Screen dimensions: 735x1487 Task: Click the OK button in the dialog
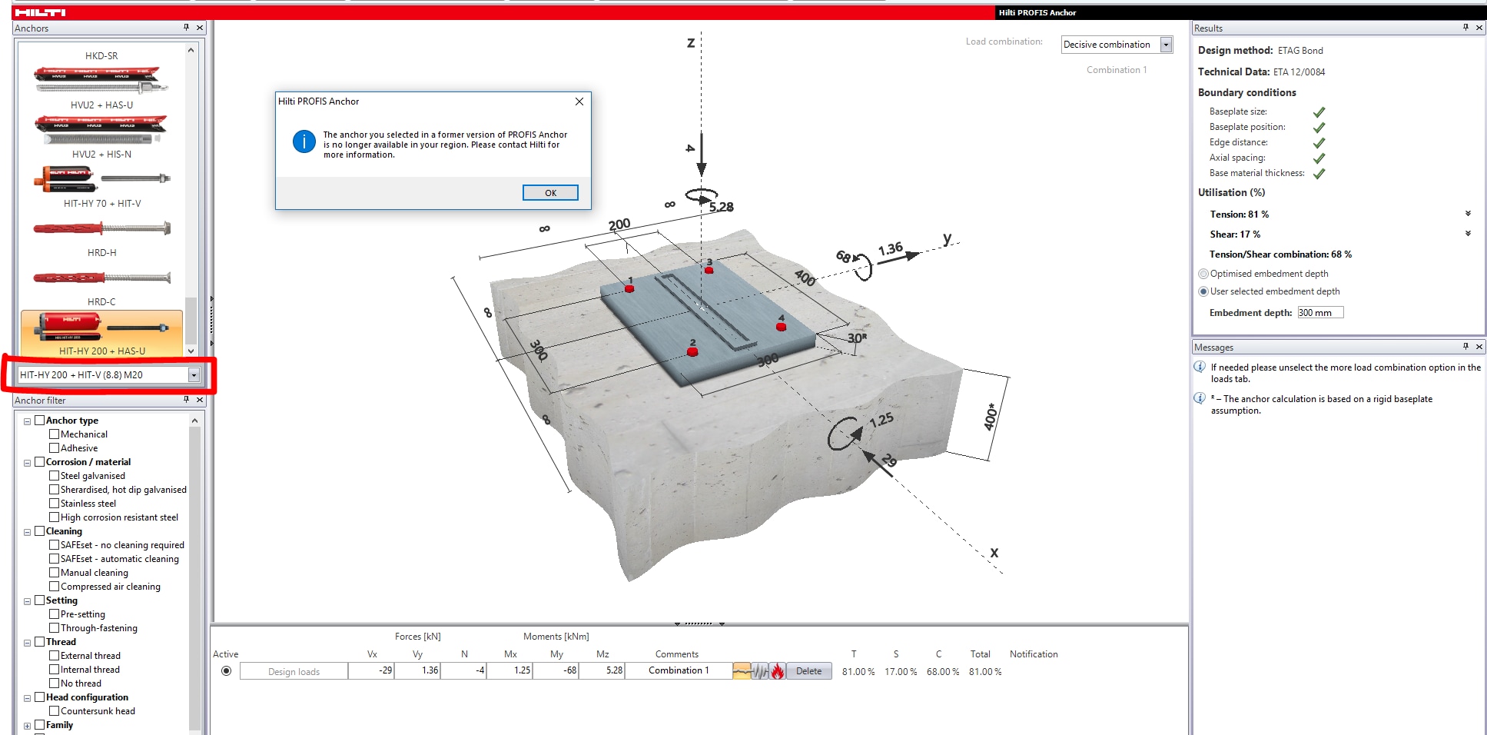tap(550, 193)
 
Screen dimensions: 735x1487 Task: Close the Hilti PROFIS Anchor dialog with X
tap(579, 101)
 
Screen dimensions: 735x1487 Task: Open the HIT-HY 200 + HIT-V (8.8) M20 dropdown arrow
tap(194, 375)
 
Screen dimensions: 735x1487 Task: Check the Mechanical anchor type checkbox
tap(55, 434)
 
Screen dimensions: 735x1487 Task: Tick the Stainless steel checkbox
tap(55, 504)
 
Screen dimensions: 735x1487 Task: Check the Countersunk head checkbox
tap(55, 711)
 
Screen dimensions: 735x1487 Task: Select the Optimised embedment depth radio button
tap(1203, 274)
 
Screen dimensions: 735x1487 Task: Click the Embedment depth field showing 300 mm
tap(1319, 313)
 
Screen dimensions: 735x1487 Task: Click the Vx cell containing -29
tap(372, 670)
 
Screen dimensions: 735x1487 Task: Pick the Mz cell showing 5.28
tap(602, 670)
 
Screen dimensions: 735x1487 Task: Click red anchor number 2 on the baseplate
tap(692, 351)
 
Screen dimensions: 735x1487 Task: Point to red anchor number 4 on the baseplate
tap(781, 327)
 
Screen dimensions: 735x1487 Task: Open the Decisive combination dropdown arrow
tap(1166, 45)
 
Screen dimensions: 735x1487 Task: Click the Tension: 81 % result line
tap(1239, 215)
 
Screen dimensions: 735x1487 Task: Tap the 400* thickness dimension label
tap(991, 417)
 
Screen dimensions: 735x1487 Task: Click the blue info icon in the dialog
tap(304, 141)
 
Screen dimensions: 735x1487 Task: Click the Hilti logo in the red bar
tap(40, 12)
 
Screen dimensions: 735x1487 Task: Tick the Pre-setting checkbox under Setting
tap(55, 614)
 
